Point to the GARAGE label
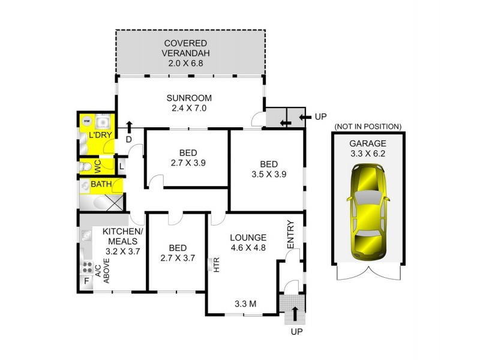pyautogui.click(x=367, y=143)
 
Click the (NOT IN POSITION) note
pyautogui.click(x=367, y=127)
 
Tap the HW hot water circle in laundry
pyautogui.click(x=86, y=121)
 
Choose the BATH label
pyautogui.click(x=100, y=184)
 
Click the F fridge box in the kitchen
pyautogui.click(x=86, y=281)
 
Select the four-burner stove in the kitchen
pyautogui.click(x=86, y=266)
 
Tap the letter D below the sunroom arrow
pyautogui.click(x=128, y=140)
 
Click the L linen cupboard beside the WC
pyautogui.click(x=121, y=166)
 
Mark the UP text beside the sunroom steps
pyautogui.click(x=320, y=116)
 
